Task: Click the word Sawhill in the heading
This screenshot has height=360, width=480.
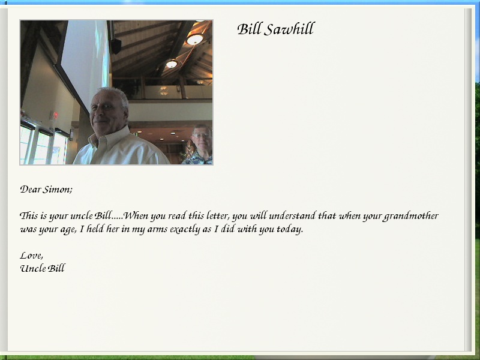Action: click(x=289, y=29)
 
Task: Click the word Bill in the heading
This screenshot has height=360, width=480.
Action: click(x=249, y=29)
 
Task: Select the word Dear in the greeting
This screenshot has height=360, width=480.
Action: click(x=31, y=189)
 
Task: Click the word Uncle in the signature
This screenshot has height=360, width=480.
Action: click(x=33, y=268)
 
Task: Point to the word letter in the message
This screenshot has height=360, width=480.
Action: click(x=218, y=216)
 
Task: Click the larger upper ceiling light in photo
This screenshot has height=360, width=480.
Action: click(x=194, y=39)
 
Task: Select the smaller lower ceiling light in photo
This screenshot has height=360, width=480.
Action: click(x=172, y=64)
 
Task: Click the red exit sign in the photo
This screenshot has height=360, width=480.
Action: click(x=55, y=115)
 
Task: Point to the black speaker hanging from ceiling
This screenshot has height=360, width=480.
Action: click(x=116, y=46)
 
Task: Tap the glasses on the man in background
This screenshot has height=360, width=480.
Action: click(x=202, y=136)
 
